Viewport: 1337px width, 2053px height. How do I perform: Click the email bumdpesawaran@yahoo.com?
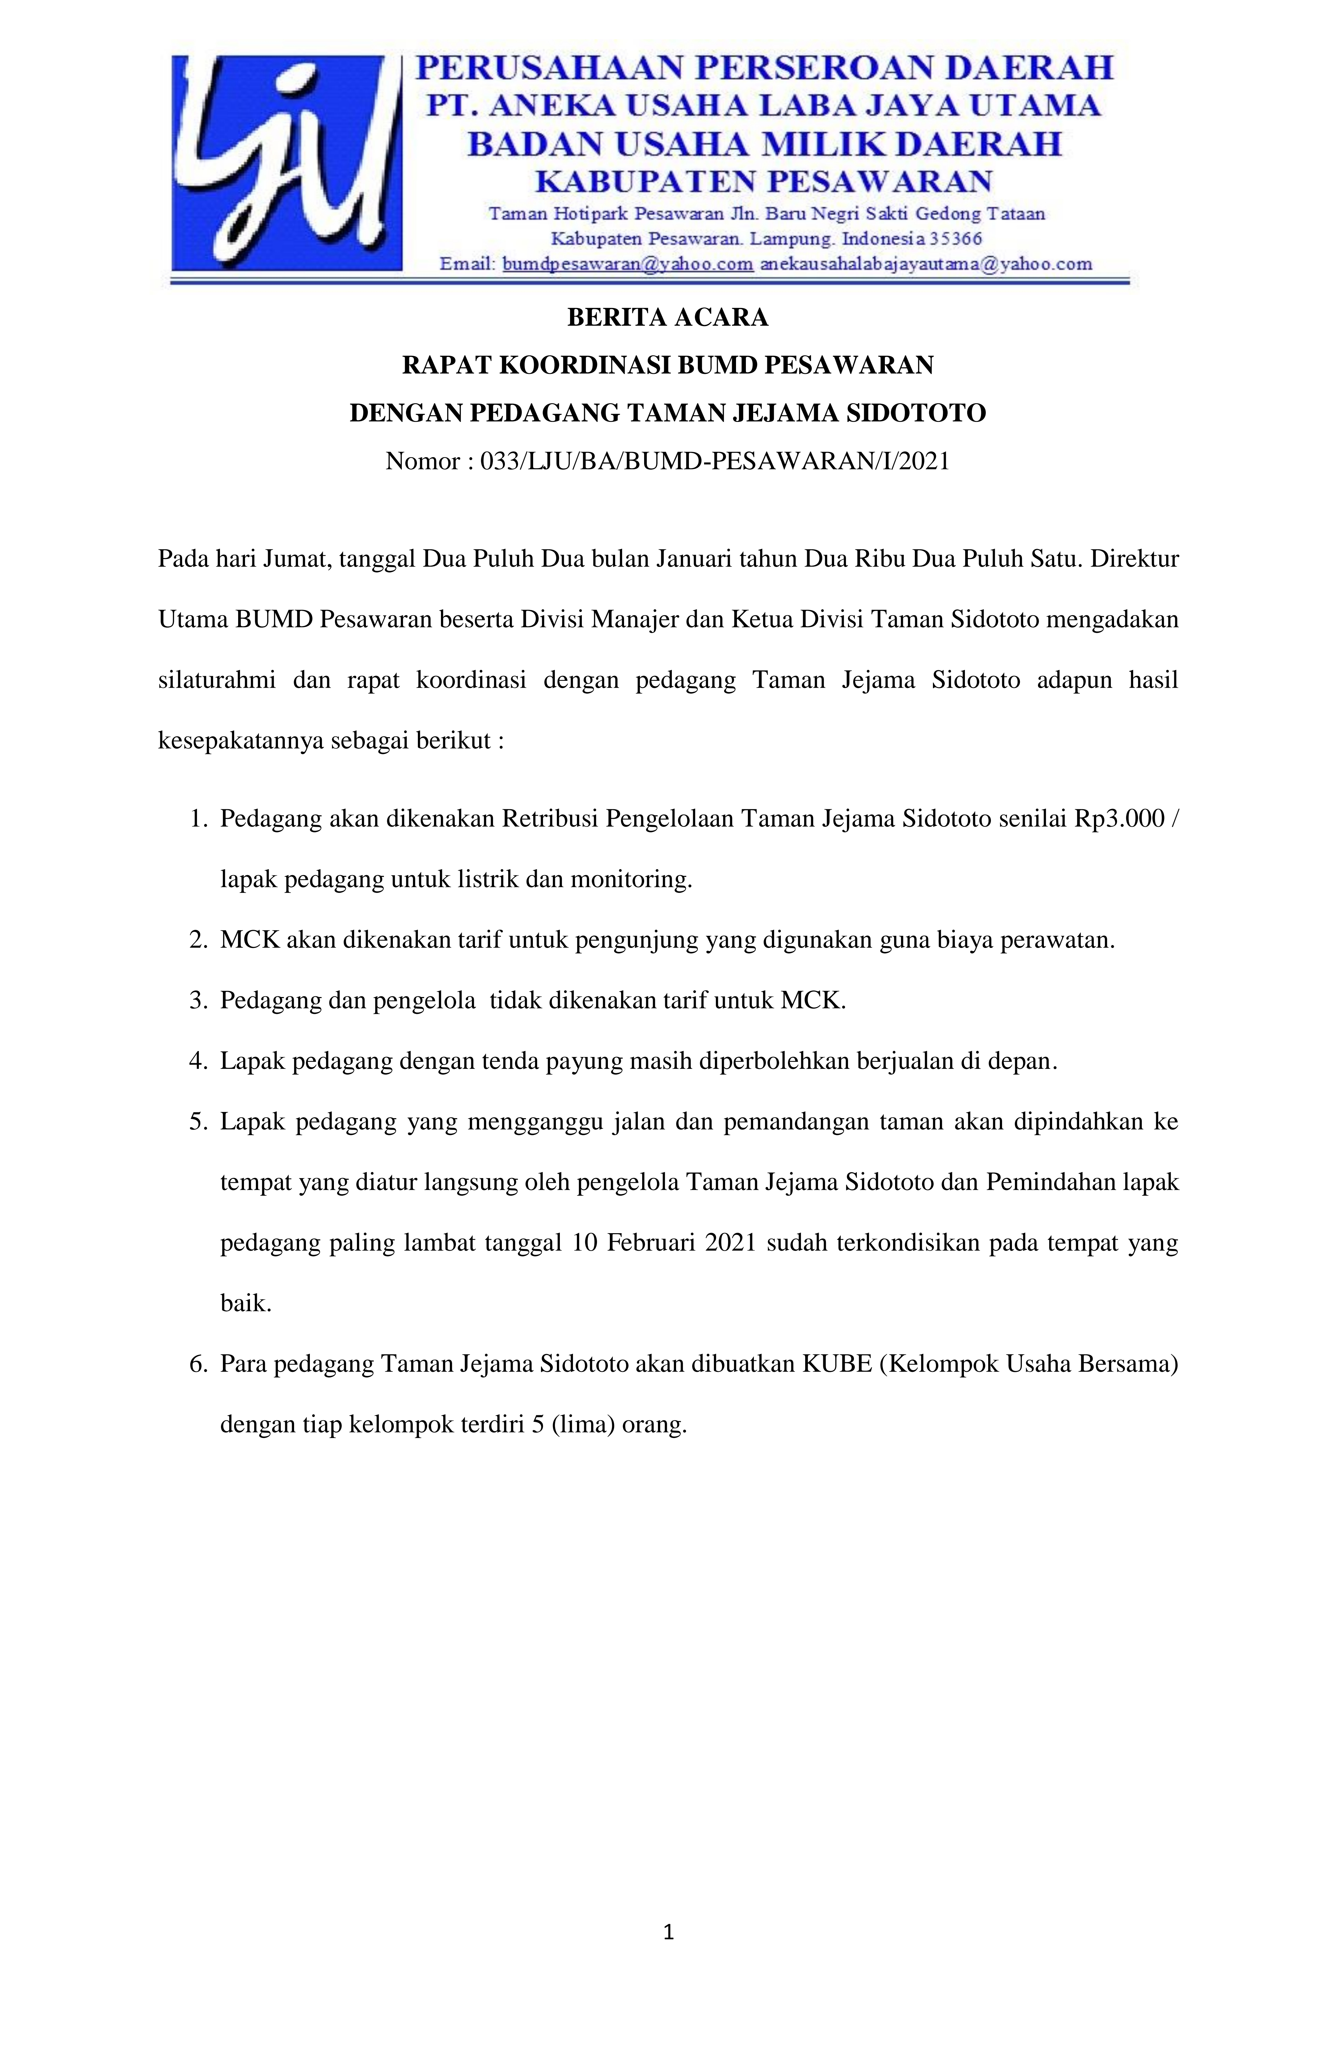pyautogui.click(x=627, y=264)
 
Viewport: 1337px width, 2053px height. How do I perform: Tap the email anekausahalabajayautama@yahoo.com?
pyautogui.click(x=926, y=264)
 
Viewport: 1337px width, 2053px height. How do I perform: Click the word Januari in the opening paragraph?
pyautogui.click(x=690, y=559)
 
